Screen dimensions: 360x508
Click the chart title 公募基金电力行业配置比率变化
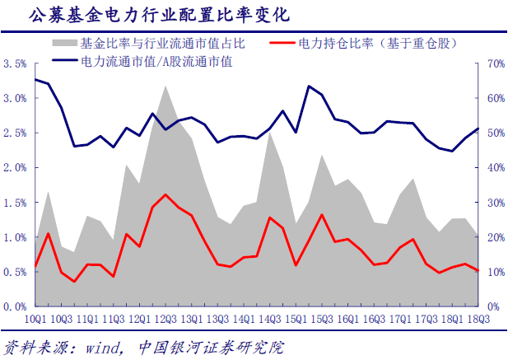pyautogui.click(x=148, y=15)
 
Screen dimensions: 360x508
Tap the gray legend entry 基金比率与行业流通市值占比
pyautogui.click(x=156, y=42)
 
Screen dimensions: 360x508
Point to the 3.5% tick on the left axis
pyautogui.click(x=16, y=63)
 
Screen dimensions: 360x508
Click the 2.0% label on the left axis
pyautogui.click(x=16, y=167)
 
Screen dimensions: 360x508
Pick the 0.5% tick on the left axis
pyautogui.click(x=16, y=272)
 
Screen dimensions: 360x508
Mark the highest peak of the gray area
pyautogui.click(x=165, y=86)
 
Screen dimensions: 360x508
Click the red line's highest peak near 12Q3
pyautogui.click(x=165, y=194)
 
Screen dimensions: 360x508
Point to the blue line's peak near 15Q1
pyautogui.click(x=308, y=86)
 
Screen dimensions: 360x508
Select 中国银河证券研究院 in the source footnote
pyautogui.click(x=202, y=347)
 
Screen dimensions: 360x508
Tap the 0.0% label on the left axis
pyautogui.click(x=16, y=306)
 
